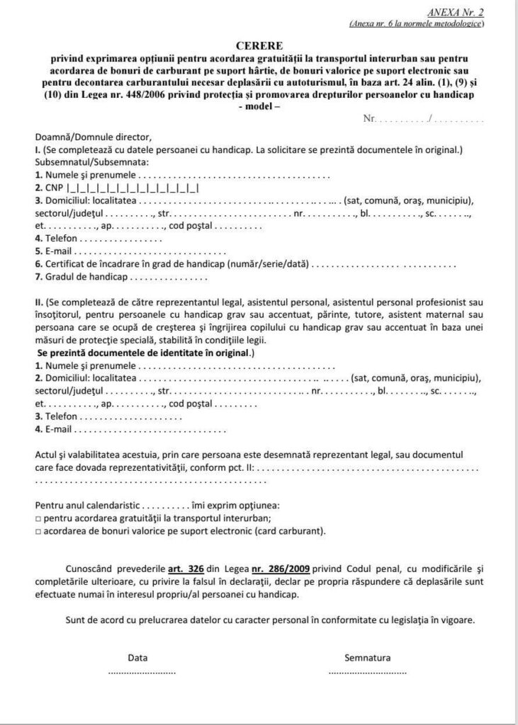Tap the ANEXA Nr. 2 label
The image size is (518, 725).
tap(456, 13)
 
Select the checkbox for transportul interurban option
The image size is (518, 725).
tap(38, 518)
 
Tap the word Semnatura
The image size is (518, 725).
tap(367, 657)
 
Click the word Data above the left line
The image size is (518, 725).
tap(137, 657)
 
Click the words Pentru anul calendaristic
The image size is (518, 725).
tap(88, 506)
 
